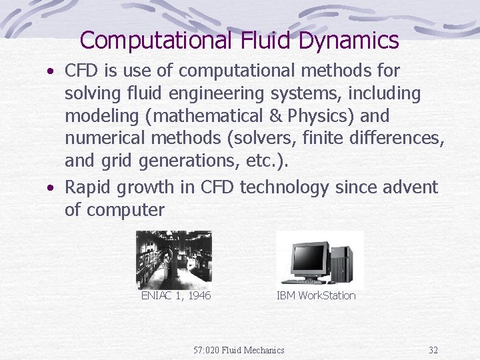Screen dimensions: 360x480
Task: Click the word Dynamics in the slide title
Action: (x=349, y=41)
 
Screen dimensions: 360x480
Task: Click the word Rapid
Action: (x=87, y=187)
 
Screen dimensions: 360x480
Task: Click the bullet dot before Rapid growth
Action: (x=51, y=188)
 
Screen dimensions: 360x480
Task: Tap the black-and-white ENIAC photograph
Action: (x=173, y=259)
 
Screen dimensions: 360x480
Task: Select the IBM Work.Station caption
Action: (x=316, y=295)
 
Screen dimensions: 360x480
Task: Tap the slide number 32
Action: (x=433, y=350)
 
